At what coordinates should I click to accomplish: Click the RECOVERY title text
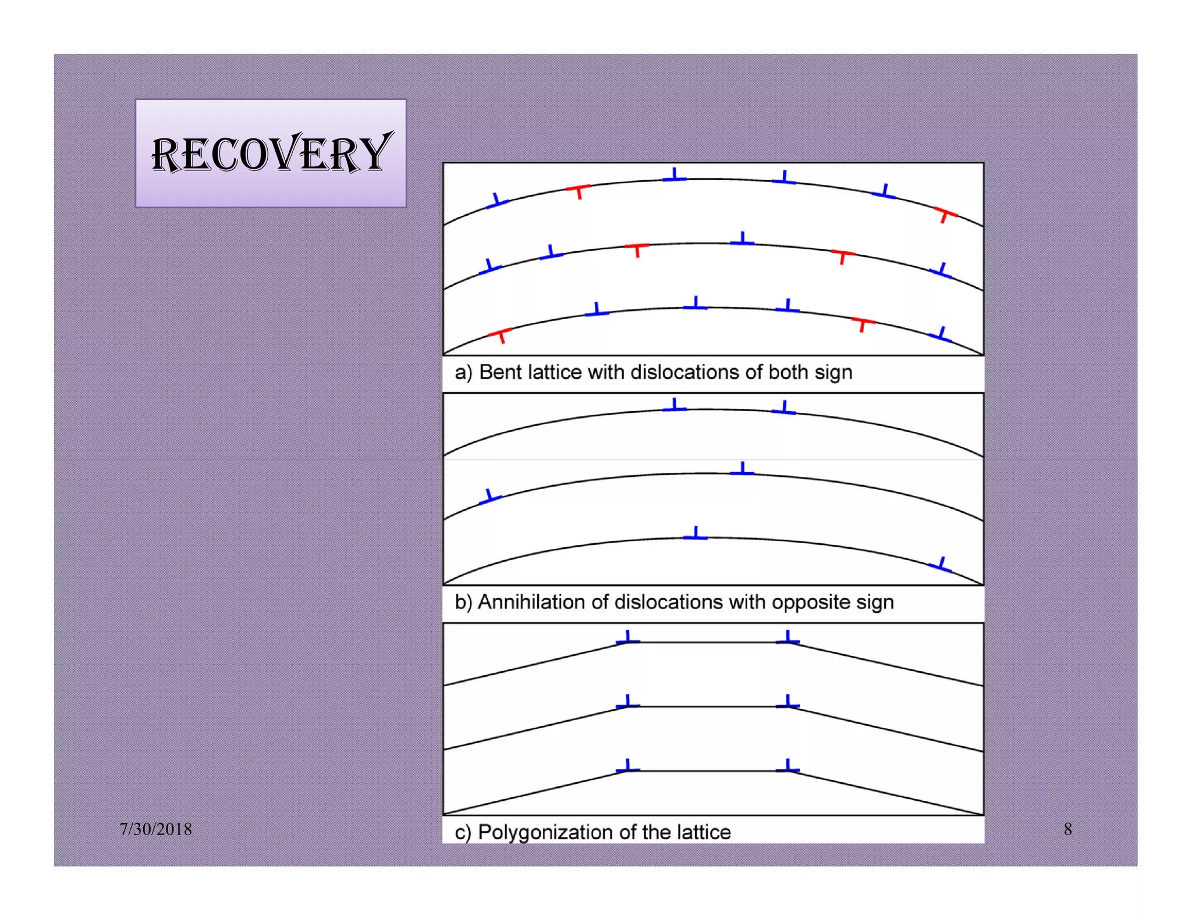point(271,154)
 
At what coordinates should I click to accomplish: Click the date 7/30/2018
point(156,829)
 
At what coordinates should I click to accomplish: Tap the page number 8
point(1067,829)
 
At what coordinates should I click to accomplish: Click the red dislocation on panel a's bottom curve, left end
point(500,334)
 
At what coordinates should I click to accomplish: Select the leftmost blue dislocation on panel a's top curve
point(497,201)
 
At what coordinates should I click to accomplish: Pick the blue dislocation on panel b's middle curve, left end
point(490,497)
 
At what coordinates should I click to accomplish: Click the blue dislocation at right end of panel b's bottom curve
point(940,565)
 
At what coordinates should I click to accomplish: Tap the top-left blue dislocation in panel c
point(627,639)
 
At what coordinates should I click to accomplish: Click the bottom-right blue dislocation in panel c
point(787,767)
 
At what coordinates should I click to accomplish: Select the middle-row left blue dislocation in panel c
point(627,703)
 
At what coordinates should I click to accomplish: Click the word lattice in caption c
point(703,832)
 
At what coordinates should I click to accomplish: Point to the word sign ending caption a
point(833,373)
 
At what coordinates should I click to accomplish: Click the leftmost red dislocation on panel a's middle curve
point(637,249)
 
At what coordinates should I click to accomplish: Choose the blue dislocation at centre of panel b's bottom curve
point(696,534)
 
